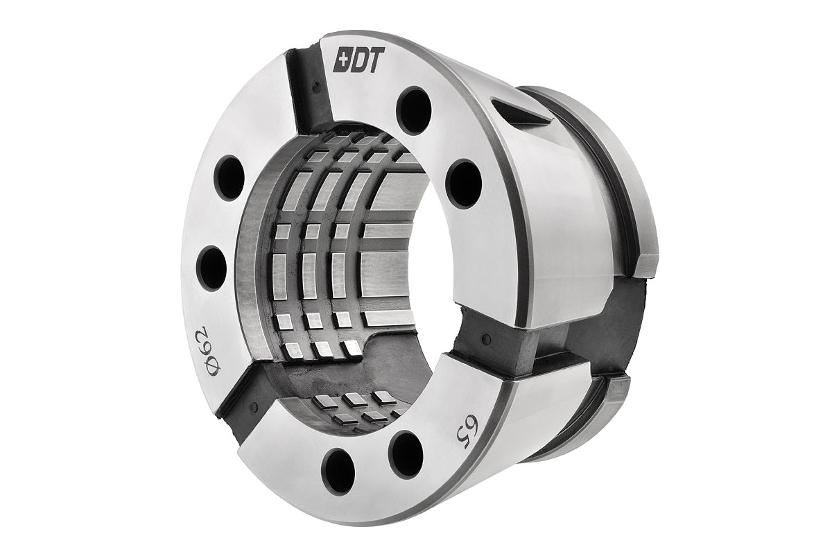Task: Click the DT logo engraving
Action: [358, 60]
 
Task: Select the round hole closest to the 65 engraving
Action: [406, 454]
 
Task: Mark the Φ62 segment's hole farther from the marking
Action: [229, 178]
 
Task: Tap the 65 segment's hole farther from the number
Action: [338, 471]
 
